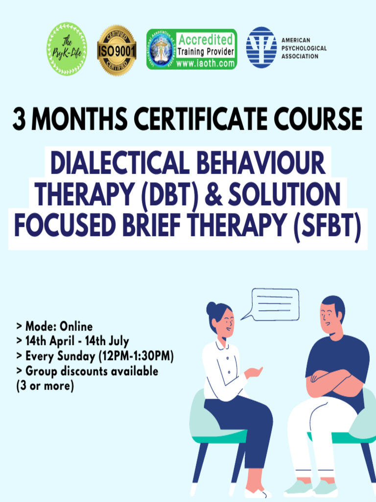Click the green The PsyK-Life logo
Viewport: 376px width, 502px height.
(67, 49)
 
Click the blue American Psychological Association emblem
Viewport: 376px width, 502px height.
(261, 48)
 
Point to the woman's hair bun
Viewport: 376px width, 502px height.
(211, 309)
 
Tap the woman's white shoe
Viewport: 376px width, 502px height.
(257, 493)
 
